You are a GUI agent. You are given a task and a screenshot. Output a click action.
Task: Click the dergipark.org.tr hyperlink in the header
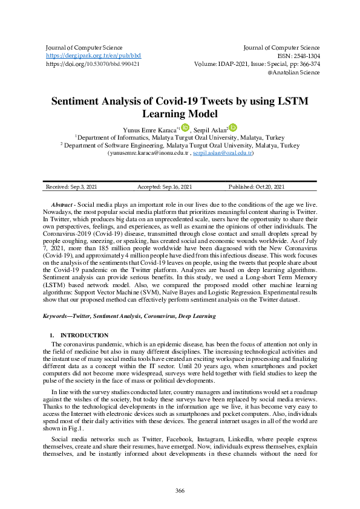93,55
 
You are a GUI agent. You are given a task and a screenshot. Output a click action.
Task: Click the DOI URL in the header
93,63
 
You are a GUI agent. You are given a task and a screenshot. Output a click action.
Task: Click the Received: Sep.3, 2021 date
71,187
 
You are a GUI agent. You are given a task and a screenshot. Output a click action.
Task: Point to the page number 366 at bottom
180,490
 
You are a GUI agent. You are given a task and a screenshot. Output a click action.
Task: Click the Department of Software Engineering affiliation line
180,146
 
